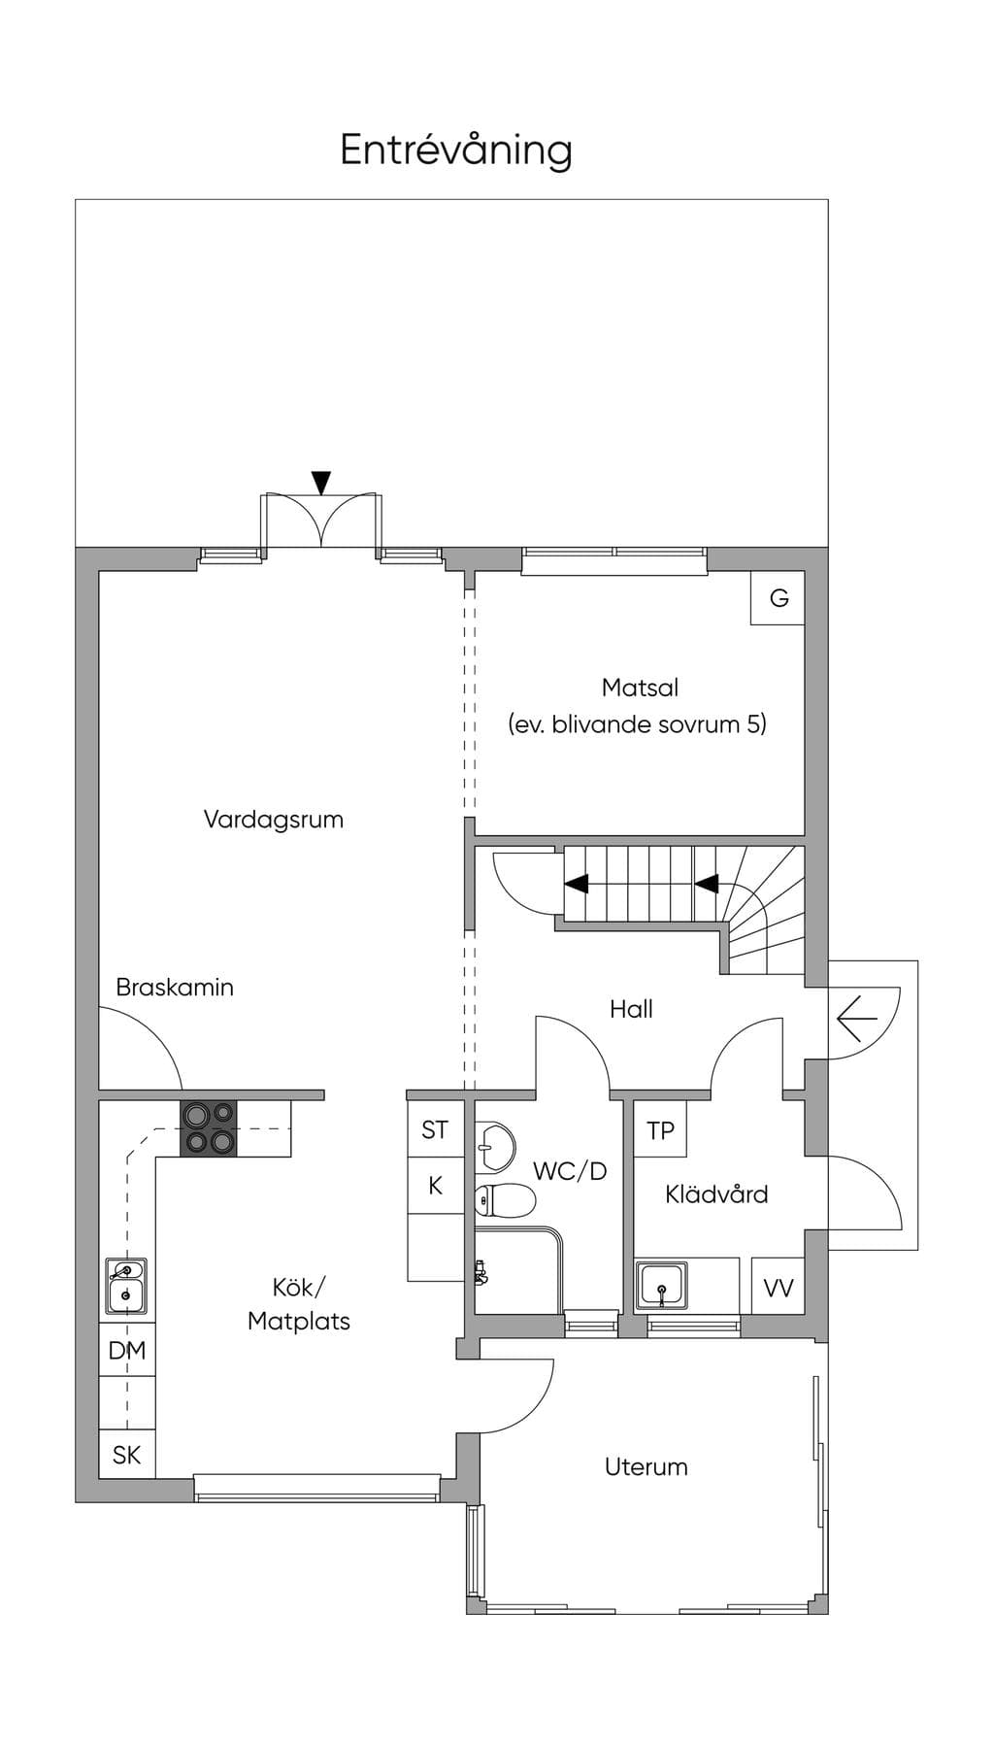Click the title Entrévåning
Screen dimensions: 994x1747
click(x=455, y=151)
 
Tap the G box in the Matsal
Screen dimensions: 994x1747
click(x=778, y=597)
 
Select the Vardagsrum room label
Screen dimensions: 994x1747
click(x=274, y=820)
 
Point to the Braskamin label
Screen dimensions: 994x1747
click(x=175, y=988)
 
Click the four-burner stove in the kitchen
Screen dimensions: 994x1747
click(x=209, y=1128)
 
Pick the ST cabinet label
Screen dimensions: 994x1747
click(x=435, y=1129)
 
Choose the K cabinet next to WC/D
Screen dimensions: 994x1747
click(x=435, y=1185)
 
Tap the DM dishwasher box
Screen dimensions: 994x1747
click(x=127, y=1350)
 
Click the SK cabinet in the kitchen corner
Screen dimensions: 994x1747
click(x=127, y=1454)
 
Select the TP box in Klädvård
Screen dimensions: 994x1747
click(x=660, y=1129)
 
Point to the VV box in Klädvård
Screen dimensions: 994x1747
click(x=778, y=1287)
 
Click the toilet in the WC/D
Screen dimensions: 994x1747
click(x=505, y=1201)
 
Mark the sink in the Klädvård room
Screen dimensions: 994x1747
click(x=662, y=1284)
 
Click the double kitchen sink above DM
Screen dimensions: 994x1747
click(x=125, y=1286)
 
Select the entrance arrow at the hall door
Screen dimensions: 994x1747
click(x=856, y=1019)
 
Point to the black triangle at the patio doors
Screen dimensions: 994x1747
click(x=321, y=483)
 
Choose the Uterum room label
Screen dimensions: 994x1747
click(x=646, y=1466)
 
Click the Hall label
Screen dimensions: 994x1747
click(x=631, y=1009)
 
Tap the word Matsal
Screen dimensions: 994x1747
click(x=640, y=688)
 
